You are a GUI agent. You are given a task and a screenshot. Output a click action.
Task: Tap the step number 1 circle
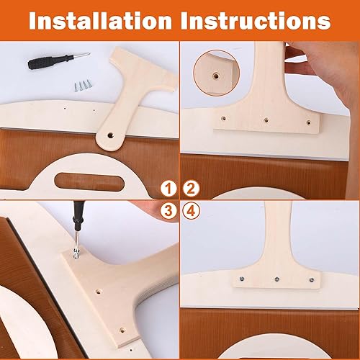click(x=168, y=189)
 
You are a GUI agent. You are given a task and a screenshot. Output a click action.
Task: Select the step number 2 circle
click(x=191, y=189)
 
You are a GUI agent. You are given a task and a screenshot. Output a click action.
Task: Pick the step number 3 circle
click(x=168, y=212)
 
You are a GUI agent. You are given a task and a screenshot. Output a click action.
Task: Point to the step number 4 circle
click(x=191, y=212)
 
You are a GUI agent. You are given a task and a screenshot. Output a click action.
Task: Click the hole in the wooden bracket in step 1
click(x=111, y=134)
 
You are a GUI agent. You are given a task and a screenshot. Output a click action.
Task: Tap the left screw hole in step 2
click(x=224, y=115)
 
